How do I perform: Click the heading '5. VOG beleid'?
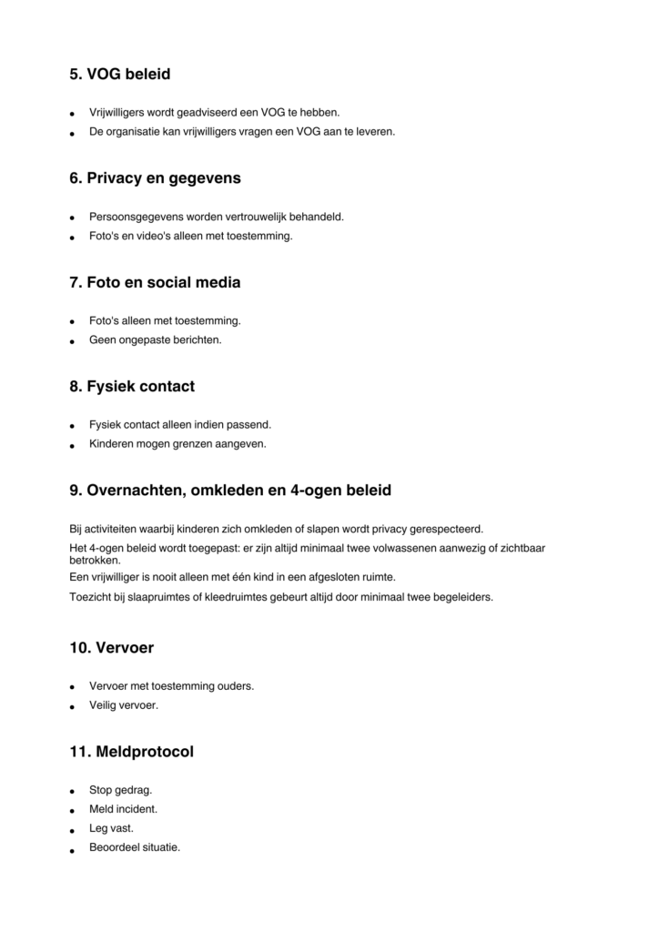tap(119, 75)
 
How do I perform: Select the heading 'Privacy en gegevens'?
tap(164, 178)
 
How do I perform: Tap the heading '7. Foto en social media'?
tap(155, 282)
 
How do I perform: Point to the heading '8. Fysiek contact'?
tap(132, 386)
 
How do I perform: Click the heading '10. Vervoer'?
tap(111, 648)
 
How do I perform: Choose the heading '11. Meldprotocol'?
tap(131, 752)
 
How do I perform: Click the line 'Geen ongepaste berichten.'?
tap(155, 340)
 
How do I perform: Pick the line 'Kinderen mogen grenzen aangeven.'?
tap(177, 444)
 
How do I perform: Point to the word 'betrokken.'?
tap(95, 561)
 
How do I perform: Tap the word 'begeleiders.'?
tap(461, 597)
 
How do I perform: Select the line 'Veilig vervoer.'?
tap(123, 704)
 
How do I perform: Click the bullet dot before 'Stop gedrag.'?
tap(72, 791)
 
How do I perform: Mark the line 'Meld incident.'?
tap(123, 809)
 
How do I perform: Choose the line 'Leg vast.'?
tap(111, 828)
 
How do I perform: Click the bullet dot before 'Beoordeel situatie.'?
tap(72, 849)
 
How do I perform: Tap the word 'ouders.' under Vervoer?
tap(235, 685)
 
